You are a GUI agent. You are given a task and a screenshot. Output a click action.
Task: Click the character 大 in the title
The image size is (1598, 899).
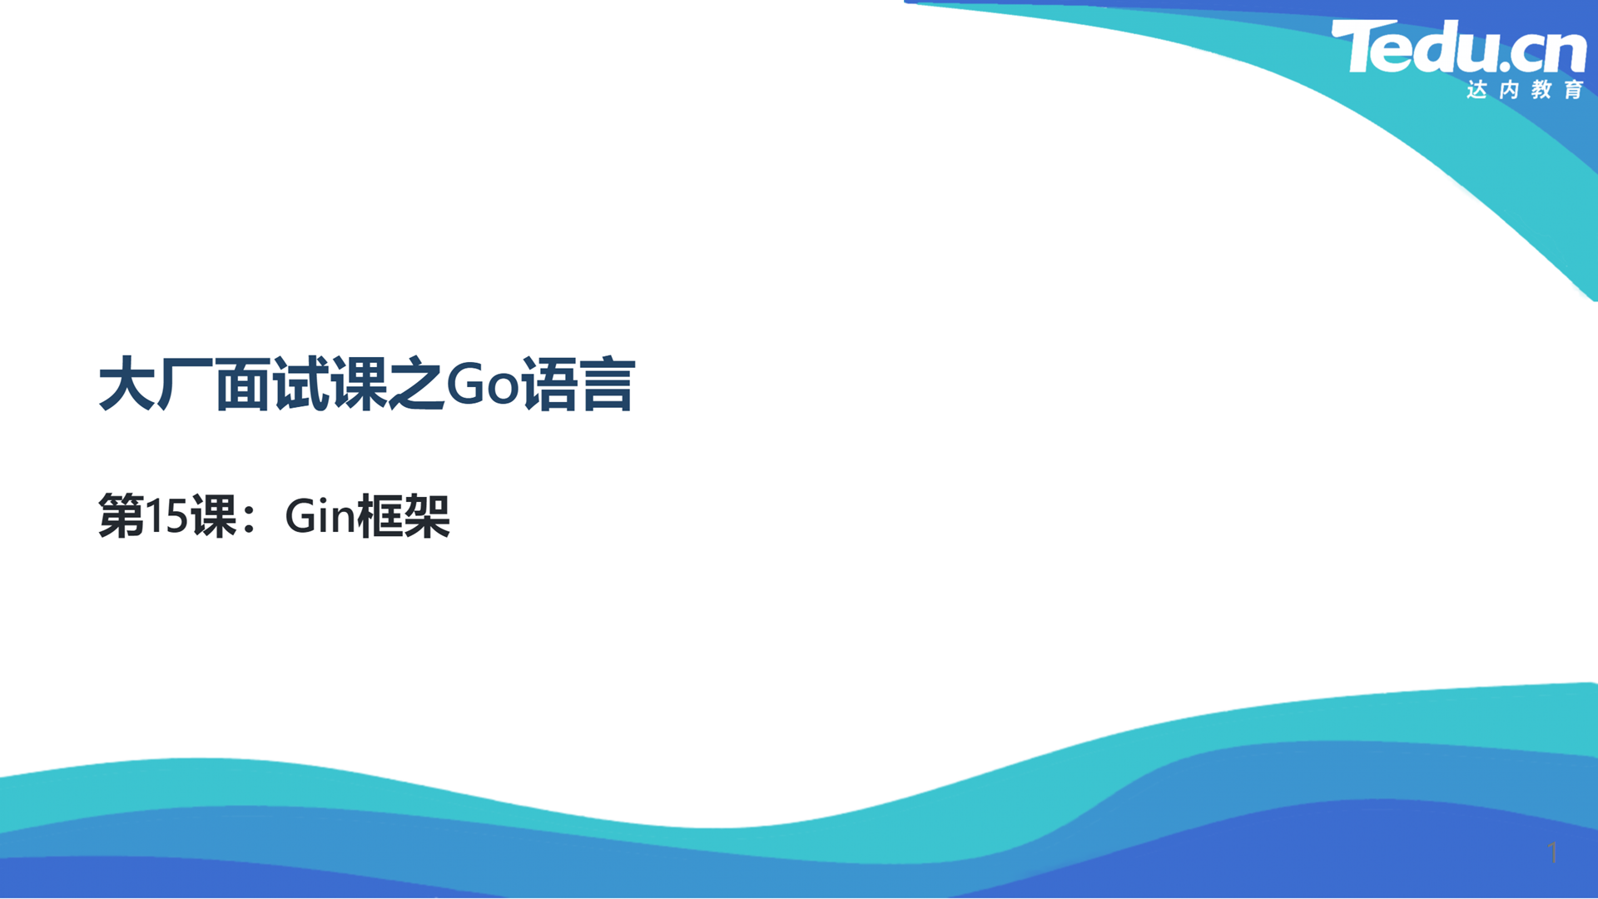click(127, 384)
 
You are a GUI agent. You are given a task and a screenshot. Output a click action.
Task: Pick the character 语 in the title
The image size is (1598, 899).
click(550, 384)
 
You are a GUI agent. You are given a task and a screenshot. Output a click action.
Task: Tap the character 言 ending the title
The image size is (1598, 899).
click(608, 384)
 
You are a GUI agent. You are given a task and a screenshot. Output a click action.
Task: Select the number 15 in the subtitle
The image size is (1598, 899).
click(167, 516)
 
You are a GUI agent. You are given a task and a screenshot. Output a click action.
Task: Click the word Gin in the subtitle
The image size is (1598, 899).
click(320, 515)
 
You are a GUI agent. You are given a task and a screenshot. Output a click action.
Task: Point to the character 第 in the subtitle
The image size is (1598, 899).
click(122, 516)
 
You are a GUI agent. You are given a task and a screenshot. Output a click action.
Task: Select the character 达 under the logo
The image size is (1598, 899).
click(1476, 89)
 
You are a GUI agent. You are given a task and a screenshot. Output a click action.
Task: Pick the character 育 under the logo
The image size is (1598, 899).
click(1574, 89)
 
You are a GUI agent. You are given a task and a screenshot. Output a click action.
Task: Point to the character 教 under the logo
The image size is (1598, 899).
click(1541, 89)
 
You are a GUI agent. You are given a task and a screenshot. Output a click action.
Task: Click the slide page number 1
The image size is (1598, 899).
click(1552, 852)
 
